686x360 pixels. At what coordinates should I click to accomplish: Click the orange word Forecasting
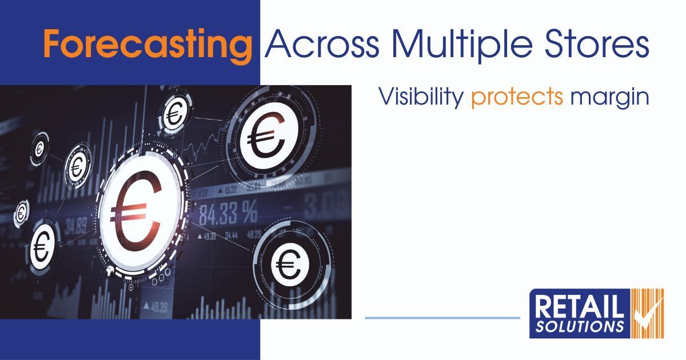147,44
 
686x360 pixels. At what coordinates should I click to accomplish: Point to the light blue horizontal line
442,318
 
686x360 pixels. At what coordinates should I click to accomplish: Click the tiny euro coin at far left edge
22,212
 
